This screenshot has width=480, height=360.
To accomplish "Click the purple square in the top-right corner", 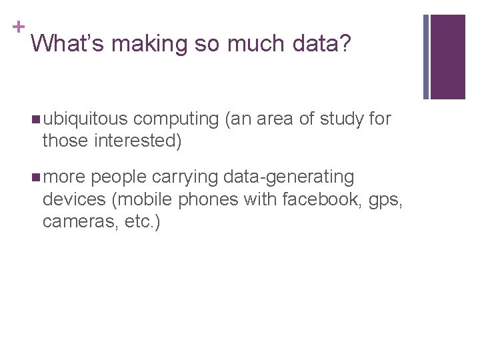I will tap(447, 57).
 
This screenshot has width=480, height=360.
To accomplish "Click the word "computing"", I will tap(176, 120).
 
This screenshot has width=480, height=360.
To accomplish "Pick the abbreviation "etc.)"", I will tap(141, 221).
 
